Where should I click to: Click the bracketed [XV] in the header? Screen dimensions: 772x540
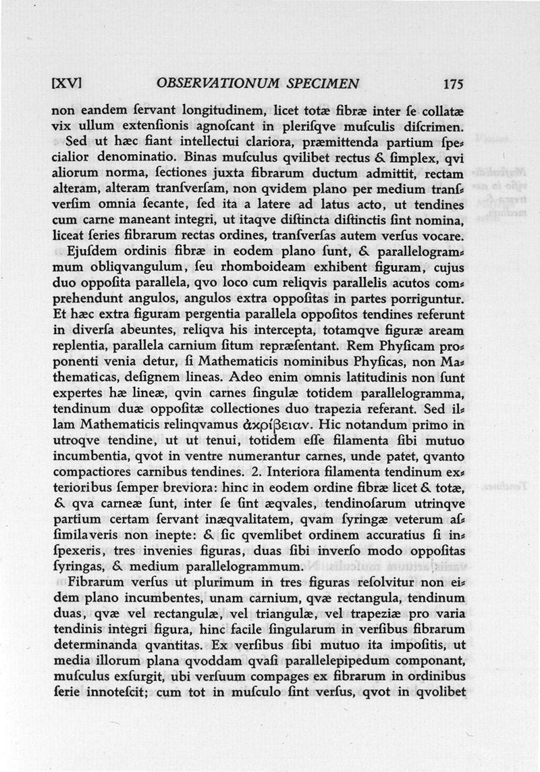click(x=67, y=84)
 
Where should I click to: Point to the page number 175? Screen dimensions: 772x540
click(x=453, y=84)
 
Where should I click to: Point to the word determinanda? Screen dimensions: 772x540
click(x=92, y=645)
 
